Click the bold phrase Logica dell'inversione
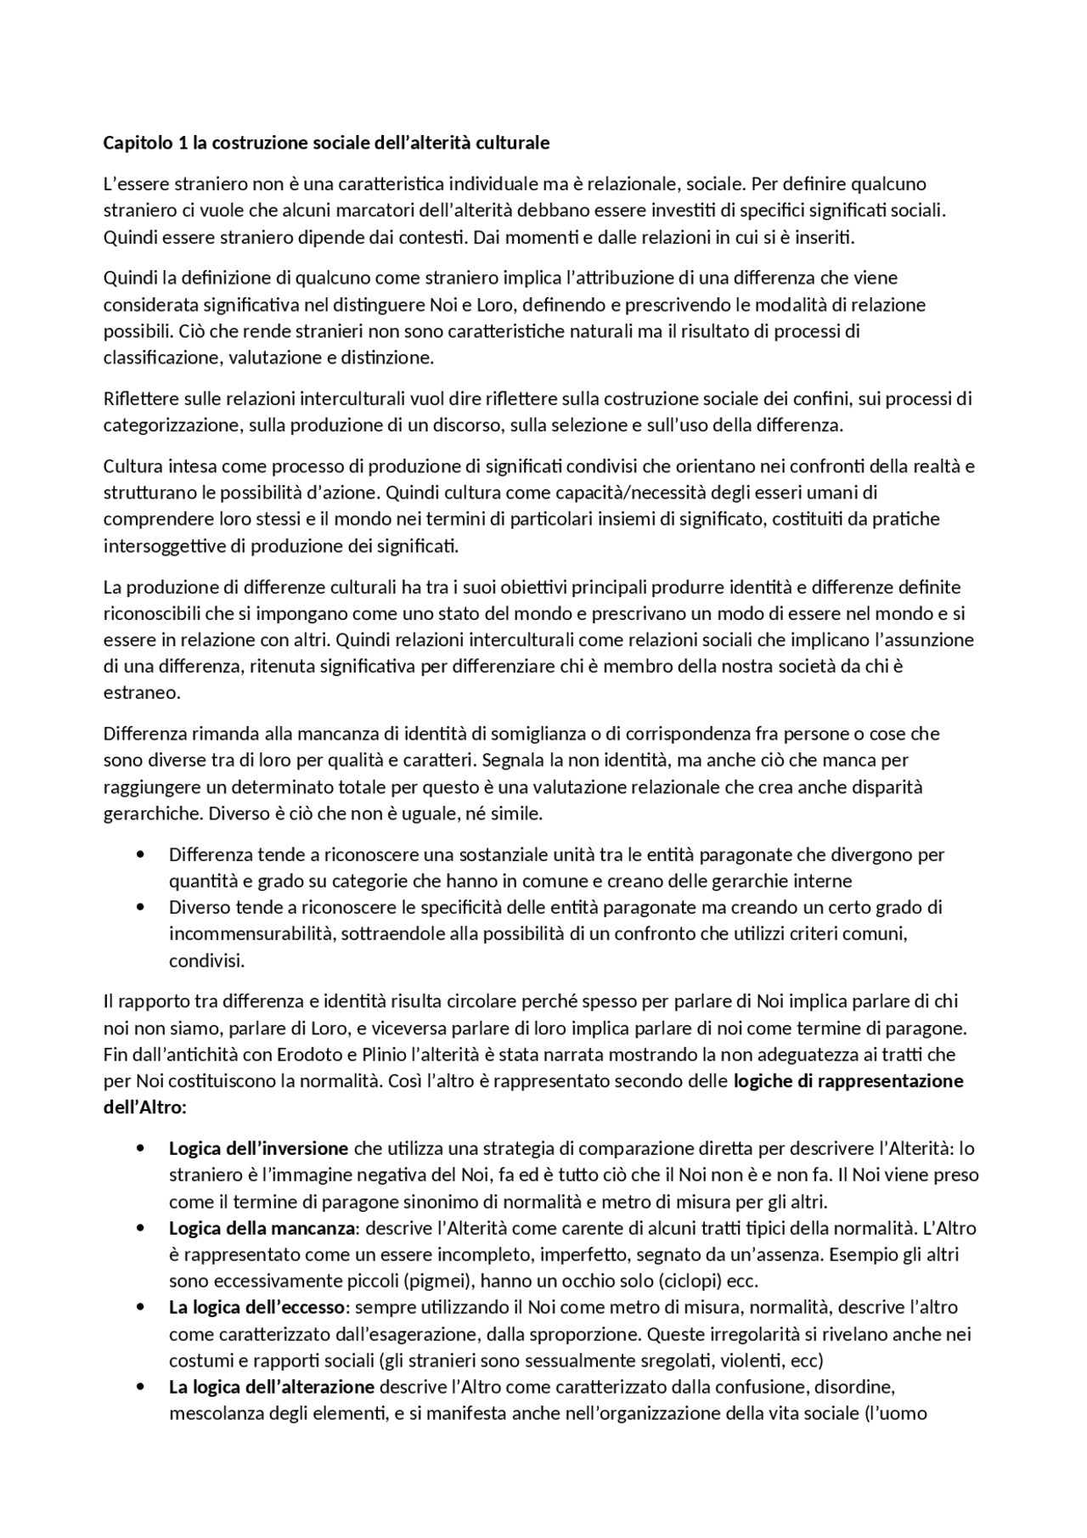point(258,1149)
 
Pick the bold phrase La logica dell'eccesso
point(256,1308)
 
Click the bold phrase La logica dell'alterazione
point(272,1388)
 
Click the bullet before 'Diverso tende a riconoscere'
point(140,908)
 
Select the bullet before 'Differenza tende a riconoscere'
point(140,854)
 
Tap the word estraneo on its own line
point(142,693)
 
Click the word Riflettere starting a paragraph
point(141,399)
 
